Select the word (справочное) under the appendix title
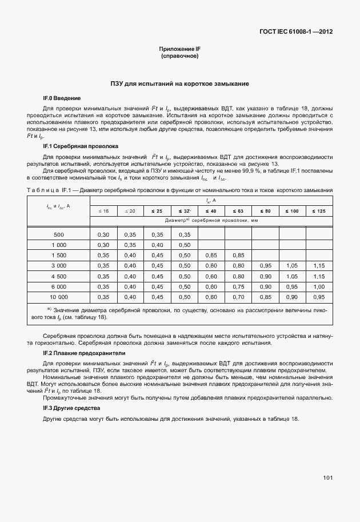pyautogui.click(x=179, y=57)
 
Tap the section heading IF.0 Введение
pyautogui.click(x=62, y=98)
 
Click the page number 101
pyautogui.click(x=327, y=477)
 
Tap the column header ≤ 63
pyautogui.click(x=238, y=211)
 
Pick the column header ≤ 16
pyautogui.click(x=103, y=211)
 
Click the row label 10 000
pyautogui.click(x=59, y=297)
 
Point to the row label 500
pyautogui.click(x=59, y=234)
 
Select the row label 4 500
pyautogui.click(x=59, y=276)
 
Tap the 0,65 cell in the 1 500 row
pyautogui.click(x=211, y=255)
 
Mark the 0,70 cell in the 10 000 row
pyautogui.click(x=238, y=297)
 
